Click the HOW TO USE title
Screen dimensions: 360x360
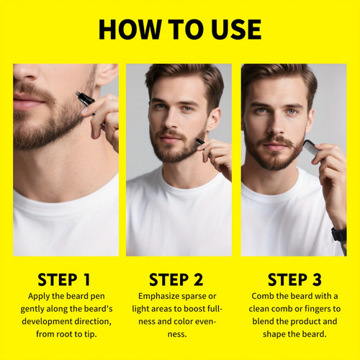[180, 30]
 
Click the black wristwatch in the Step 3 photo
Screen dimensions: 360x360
[338, 235]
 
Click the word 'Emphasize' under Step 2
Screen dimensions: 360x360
[158, 296]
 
